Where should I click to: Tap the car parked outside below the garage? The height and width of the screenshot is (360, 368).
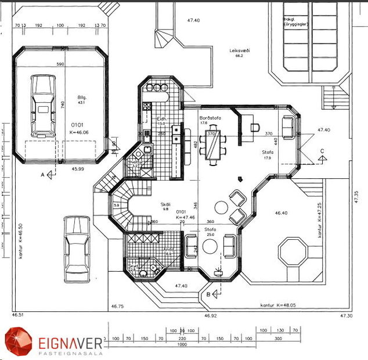point(77,248)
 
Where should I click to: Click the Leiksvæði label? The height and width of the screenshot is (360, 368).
point(239,51)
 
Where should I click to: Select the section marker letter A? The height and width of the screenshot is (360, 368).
point(42,174)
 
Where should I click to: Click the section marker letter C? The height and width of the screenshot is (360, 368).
point(322,151)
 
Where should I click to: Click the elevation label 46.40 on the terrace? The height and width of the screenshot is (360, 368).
point(280,213)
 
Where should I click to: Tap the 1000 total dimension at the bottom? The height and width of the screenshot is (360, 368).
point(182,344)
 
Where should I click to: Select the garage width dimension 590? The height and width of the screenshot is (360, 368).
point(59,64)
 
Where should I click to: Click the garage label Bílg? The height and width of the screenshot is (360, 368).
point(82,98)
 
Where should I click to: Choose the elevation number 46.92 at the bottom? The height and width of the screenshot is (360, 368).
point(210,316)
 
